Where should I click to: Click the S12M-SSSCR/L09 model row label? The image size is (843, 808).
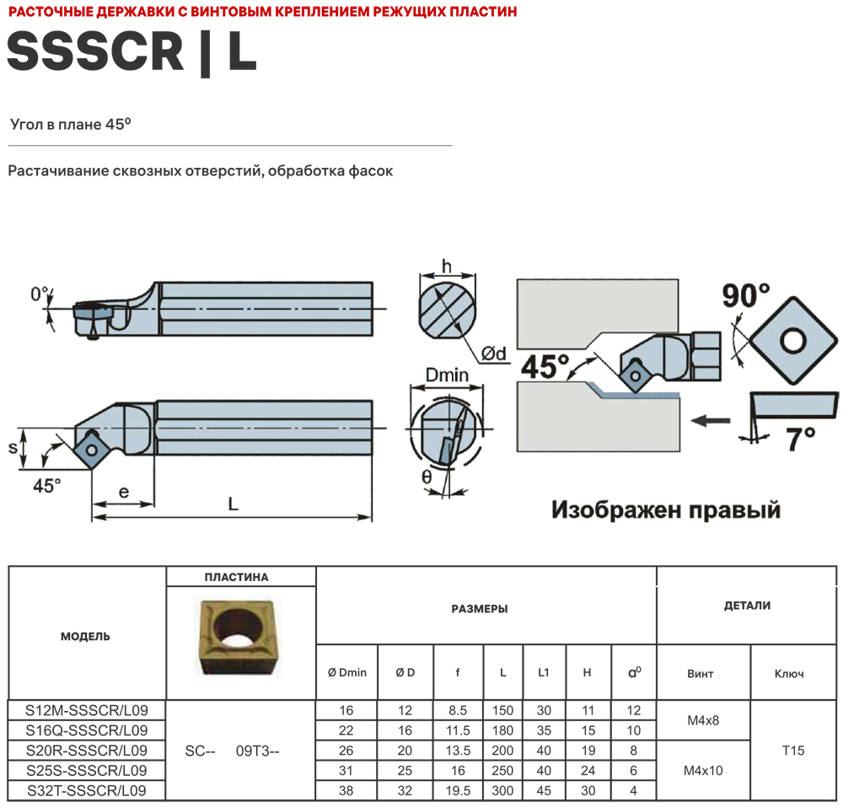[x=87, y=710]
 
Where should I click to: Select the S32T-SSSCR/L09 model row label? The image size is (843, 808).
[x=87, y=790]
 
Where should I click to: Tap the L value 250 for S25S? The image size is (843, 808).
[x=502, y=770]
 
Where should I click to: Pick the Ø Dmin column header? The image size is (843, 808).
[x=346, y=672]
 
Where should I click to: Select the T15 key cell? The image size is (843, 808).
[x=793, y=750]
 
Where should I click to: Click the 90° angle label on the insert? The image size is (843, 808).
[x=745, y=296]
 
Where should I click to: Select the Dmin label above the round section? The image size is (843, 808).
[x=447, y=374]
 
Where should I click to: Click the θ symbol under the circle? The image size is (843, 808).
[x=427, y=477]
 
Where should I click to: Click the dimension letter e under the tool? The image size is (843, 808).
[x=123, y=492]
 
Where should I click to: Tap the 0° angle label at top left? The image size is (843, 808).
[x=40, y=294]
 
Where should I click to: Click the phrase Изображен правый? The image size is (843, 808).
[x=665, y=509]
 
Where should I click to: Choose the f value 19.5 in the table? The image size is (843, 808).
[x=458, y=790]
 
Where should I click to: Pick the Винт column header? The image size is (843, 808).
[x=701, y=674]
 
